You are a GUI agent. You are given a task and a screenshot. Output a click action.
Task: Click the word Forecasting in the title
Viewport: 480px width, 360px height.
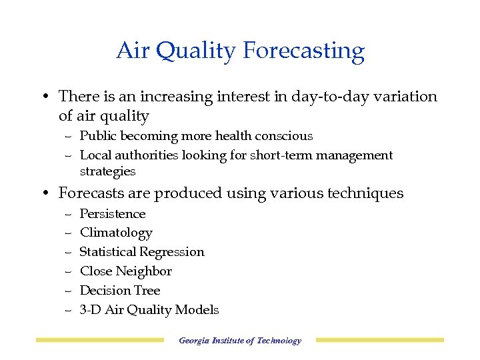point(304,51)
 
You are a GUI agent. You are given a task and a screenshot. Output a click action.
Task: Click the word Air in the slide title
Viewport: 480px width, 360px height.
point(131,51)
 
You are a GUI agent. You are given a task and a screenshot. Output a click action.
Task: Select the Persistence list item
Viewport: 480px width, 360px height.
point(113,214)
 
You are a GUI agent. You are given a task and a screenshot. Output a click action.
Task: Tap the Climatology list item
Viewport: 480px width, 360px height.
point(116,233)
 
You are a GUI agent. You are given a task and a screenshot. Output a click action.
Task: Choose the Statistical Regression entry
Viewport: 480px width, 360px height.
point(142,252)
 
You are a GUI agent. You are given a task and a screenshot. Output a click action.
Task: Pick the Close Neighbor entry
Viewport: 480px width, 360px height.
point(126,271)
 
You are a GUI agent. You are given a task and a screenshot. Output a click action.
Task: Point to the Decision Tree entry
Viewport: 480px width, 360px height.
point(120,291)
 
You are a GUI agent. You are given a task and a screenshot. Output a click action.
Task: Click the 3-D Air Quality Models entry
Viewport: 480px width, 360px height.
point(149,310)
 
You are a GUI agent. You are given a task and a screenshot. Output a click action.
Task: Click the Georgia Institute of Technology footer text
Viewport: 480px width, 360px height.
point(240,341)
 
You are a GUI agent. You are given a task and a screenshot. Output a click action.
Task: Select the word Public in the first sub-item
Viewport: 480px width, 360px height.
point(99,136)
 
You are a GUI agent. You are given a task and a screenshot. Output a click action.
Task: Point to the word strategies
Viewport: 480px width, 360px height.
point(107,171)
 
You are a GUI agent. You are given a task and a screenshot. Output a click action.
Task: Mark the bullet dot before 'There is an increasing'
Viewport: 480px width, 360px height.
point(43,97)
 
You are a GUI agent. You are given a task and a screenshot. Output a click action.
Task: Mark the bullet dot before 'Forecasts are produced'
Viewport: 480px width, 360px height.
point(43,194)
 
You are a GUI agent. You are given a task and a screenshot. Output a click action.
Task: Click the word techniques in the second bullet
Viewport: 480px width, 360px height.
point(365,194)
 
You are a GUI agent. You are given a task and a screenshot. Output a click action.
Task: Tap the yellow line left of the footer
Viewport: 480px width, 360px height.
point(99,341)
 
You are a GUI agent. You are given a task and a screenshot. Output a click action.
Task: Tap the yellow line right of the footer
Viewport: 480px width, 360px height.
point(379,341)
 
